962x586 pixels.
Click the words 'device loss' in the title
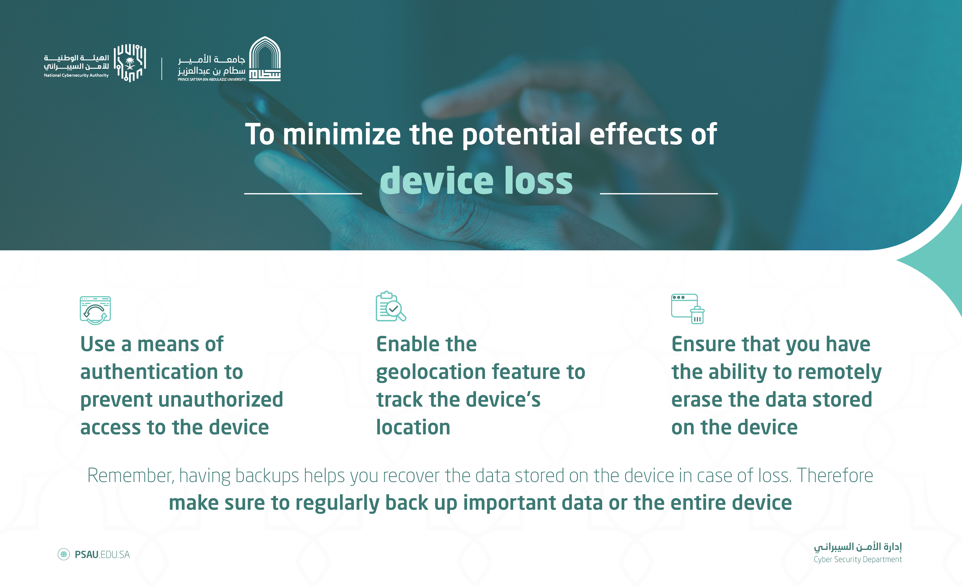coord(476,181)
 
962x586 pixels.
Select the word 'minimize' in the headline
coord(342,134)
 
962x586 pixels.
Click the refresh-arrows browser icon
coord(95,310)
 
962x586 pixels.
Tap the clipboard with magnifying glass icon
coord(391,306)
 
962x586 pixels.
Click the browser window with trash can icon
coord(688,309)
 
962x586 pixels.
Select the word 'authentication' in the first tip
coord(148,371)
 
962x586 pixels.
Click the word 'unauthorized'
coord(227,399)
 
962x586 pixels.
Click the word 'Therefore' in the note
coord(835,475)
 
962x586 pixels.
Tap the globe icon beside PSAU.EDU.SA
coord(63,554)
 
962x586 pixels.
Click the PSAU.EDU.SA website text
coord(102,554)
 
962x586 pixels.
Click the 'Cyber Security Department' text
coord(858,559)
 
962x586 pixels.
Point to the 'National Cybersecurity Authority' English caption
coord(76,75)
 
